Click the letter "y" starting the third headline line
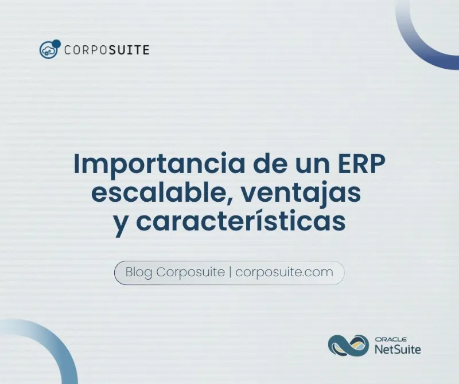tap(120, 224)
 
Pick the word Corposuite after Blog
tap(190, 272)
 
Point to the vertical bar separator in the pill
tap(230, 272)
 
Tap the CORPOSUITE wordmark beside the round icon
tap(107, 50)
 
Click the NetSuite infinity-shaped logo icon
tap(348, 345)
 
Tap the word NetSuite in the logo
tap(397, 349)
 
